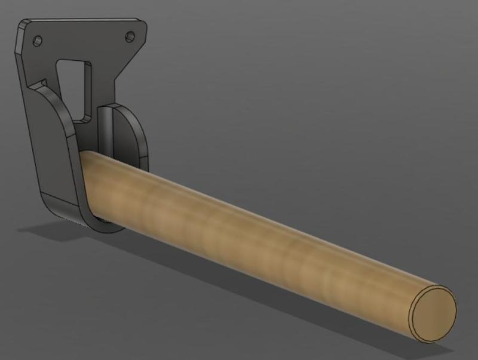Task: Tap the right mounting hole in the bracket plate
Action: [130, 37]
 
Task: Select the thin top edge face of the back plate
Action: [84, 20]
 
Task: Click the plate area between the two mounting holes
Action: [84, 39]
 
